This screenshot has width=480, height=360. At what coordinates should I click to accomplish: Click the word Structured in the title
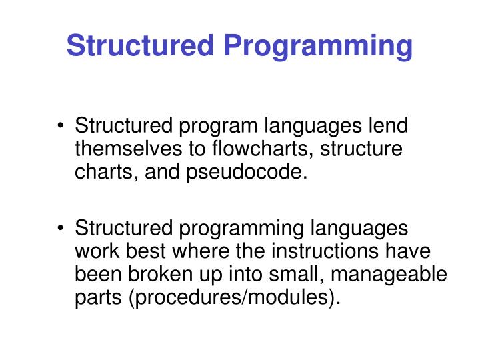140,46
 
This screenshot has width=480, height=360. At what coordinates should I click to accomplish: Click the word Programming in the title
318,46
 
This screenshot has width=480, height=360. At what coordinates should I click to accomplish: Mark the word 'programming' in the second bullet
241,228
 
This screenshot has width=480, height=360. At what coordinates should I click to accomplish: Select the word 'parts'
97,298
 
